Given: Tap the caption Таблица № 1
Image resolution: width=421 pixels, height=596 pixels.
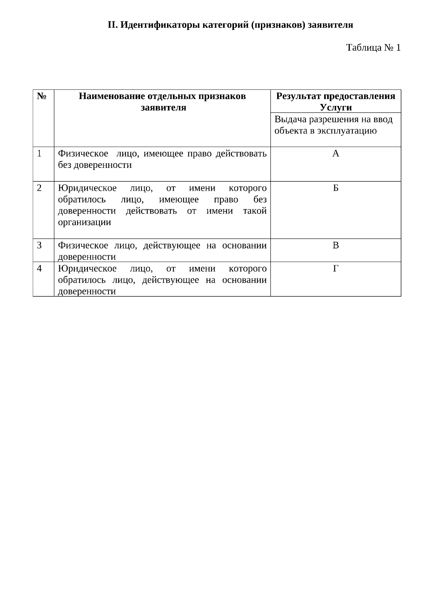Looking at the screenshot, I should [x=373, y=47].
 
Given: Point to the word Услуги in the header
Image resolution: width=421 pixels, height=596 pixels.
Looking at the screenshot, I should [x=336, y=107].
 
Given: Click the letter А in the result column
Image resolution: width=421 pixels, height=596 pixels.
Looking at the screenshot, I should [x=336, y=153].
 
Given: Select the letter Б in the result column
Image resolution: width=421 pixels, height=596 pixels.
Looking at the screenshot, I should [x=336, y=188].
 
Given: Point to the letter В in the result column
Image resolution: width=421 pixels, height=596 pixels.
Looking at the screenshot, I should [x=336, y=245].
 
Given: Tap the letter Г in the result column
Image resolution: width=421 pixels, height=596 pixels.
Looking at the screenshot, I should [x=336, y=268].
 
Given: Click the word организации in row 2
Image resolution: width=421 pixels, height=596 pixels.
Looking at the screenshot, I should [x=84, y=222].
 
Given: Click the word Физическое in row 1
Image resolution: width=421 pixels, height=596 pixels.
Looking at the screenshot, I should [x=83, y=153].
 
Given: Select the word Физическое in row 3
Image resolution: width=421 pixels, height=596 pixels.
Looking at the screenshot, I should [x=83, y=245].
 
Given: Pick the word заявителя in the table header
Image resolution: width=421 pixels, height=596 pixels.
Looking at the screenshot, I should [x=163, y=107].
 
